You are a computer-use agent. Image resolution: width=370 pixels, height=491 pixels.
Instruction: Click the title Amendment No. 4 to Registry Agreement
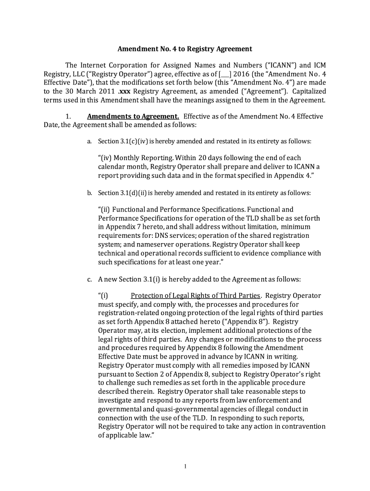pos(185,49)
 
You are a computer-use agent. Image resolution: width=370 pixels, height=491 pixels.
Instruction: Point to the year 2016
pos(242,74)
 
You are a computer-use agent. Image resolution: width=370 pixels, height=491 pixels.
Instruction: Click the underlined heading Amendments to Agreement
pos(133,117)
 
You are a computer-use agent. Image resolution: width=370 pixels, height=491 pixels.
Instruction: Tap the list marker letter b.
pos(89,193)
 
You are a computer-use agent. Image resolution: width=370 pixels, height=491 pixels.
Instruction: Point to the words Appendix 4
pos(295,175)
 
